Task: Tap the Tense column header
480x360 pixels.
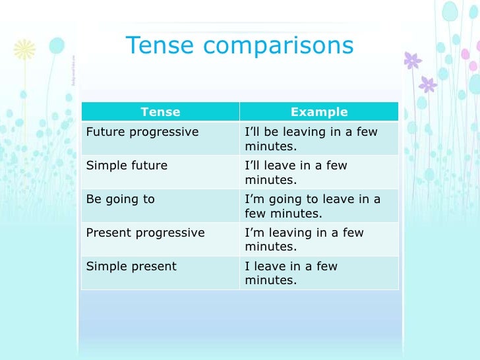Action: [160, 112]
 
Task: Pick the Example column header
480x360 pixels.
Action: [319, 112]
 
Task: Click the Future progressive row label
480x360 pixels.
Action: [142, 132]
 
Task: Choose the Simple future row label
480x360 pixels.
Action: [127, 165]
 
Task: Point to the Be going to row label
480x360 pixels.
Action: [121, 199]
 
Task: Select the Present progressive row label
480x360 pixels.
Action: [146, 233]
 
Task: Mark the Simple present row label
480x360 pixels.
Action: [132, 266]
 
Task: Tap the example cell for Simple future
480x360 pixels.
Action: [296, 172]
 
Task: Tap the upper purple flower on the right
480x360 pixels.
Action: [413, 61]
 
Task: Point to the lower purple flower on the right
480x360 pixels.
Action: [428, 84]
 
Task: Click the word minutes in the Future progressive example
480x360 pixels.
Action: [270, 146]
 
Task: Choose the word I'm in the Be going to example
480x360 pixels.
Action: [254, 199]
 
